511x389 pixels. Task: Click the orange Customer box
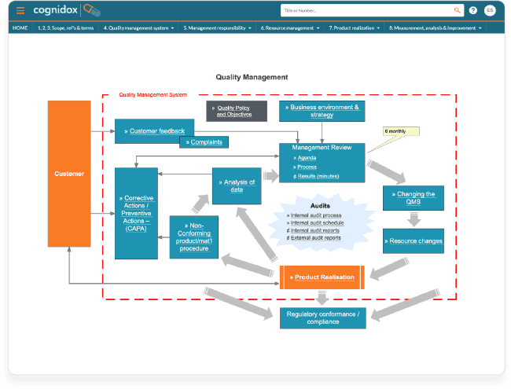click(x=69, y=173)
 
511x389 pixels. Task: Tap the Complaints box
click(x=204, y=142)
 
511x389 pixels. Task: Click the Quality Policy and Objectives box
click(x=234, y=111)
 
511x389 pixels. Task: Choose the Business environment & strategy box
click(x=322, y=111)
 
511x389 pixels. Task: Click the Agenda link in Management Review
click(x=307, y=158)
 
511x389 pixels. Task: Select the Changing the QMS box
click(x=414, y=198)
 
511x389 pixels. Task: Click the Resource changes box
click(x=414, y=241)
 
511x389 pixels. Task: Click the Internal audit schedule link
click(x=316, y=222)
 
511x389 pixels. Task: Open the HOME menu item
click(x=20, y=28)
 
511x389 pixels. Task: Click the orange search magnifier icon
click(x=457, y=10)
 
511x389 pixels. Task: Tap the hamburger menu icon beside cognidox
click(x=20, y=10)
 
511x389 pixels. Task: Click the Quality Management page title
click(x=252, y=77)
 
